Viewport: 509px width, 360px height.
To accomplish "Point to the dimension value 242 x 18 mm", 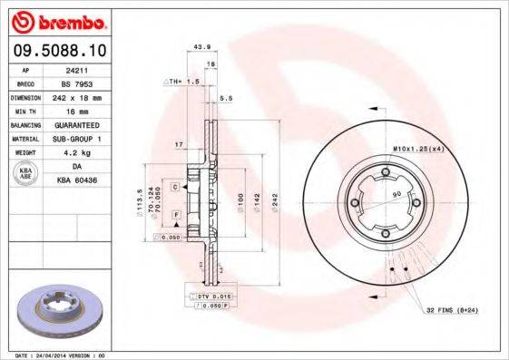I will [x=87, y=95].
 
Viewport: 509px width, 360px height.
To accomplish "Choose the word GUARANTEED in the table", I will [x=87, y=123].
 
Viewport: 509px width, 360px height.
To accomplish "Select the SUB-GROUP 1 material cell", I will [x=87, y=138].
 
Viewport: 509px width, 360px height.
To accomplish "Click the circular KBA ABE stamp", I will [x=26, y=174].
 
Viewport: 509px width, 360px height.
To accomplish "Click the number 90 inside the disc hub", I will [x=396, y=195].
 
